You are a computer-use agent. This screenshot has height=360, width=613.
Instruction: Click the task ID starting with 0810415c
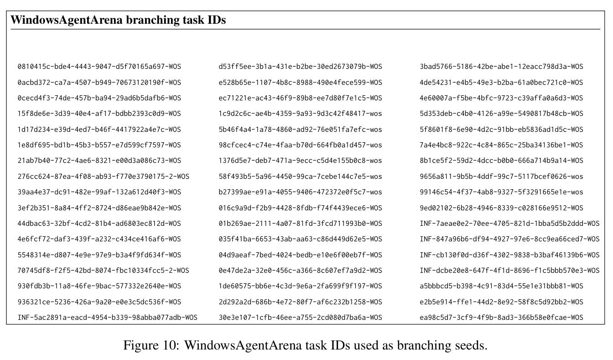point(99,67)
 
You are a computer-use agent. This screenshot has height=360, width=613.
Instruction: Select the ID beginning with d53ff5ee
point(300,67)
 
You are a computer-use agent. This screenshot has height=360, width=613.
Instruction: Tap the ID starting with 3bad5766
point(501,67)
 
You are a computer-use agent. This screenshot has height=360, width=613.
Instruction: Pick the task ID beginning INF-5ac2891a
point(107,318)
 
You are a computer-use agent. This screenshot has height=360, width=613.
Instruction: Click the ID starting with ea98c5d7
point(501,318)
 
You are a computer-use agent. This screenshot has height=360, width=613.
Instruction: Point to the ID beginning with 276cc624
point(104,177)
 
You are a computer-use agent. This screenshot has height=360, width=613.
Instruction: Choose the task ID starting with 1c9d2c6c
point(300,114)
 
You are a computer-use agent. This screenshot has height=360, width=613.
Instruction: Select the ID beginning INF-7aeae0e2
point(509,224)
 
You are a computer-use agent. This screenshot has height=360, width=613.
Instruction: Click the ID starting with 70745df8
point(104,271)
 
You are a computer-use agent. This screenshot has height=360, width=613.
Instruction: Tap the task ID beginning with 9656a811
point(501,177)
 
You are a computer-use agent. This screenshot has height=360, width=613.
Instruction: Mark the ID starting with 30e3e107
point(300,318)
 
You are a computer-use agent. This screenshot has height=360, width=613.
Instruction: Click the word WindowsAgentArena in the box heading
point(67,20)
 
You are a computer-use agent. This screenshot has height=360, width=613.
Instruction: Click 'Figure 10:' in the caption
point(151,345)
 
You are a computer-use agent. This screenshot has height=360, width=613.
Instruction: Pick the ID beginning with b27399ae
point(300,192)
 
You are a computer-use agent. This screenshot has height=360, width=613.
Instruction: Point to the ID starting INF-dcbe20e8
point(509,271)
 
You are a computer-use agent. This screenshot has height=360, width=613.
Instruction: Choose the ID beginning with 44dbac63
point(99,224)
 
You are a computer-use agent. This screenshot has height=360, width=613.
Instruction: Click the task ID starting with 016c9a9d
point(300,208)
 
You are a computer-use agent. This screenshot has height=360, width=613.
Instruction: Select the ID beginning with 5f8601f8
point(501,130)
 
